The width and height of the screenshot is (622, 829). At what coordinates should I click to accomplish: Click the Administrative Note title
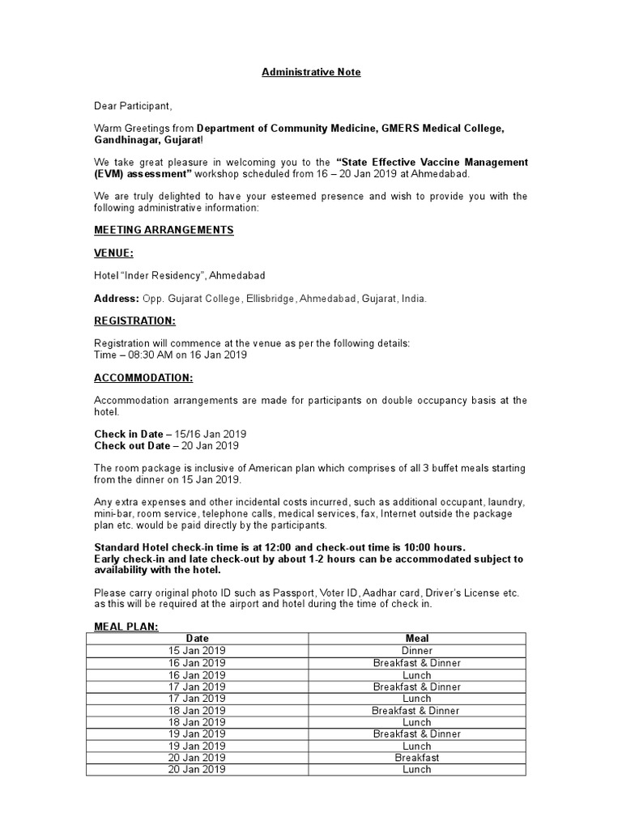311,72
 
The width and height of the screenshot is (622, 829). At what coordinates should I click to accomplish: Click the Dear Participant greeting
133,106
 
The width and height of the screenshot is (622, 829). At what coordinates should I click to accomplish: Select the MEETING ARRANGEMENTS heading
164,230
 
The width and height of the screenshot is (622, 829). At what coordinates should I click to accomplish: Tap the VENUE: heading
113,253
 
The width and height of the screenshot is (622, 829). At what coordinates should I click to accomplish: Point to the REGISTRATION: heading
134,321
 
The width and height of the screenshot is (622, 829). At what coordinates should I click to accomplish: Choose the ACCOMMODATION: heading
143,377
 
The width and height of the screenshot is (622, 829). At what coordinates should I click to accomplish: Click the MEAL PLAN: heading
126,626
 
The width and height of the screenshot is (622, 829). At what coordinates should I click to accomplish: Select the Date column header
197,639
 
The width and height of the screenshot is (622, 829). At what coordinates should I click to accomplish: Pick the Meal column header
417,639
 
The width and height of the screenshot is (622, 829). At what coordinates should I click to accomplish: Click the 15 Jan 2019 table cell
197,651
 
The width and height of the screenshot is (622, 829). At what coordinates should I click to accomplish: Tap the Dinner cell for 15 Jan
417,651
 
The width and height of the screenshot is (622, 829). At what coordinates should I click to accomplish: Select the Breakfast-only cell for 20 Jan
417,758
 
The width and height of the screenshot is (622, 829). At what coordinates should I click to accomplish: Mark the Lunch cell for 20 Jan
417,770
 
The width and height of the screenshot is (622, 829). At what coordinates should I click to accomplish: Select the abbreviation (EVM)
109,174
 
